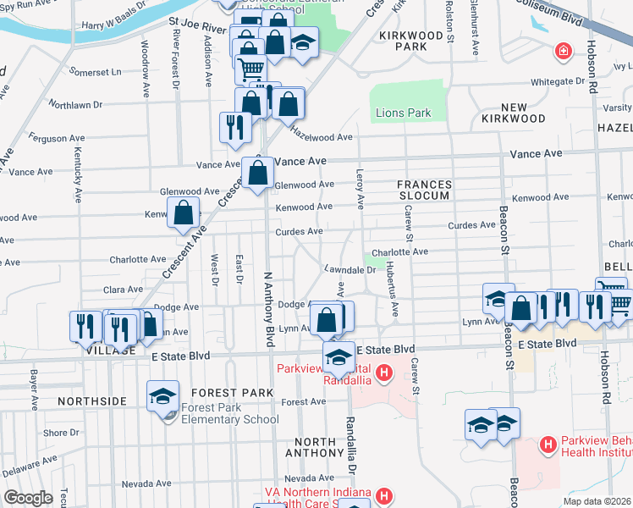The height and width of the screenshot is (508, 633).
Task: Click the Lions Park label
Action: (404, 113)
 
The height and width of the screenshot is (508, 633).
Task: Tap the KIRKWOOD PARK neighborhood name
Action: (411, 41)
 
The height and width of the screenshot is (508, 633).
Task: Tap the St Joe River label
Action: (197, 29)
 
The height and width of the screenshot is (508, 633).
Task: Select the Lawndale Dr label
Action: (349, 269)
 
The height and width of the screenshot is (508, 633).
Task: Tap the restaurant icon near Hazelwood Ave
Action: (234, 127)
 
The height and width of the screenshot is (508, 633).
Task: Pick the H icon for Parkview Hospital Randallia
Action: (384, 371)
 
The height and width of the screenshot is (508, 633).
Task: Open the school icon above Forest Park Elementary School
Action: (162, 395)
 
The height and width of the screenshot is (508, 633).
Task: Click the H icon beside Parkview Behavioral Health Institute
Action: (548, 443)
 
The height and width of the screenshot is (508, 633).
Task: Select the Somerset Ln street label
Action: (96, 72)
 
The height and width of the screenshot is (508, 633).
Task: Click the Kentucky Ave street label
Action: (78, 174)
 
